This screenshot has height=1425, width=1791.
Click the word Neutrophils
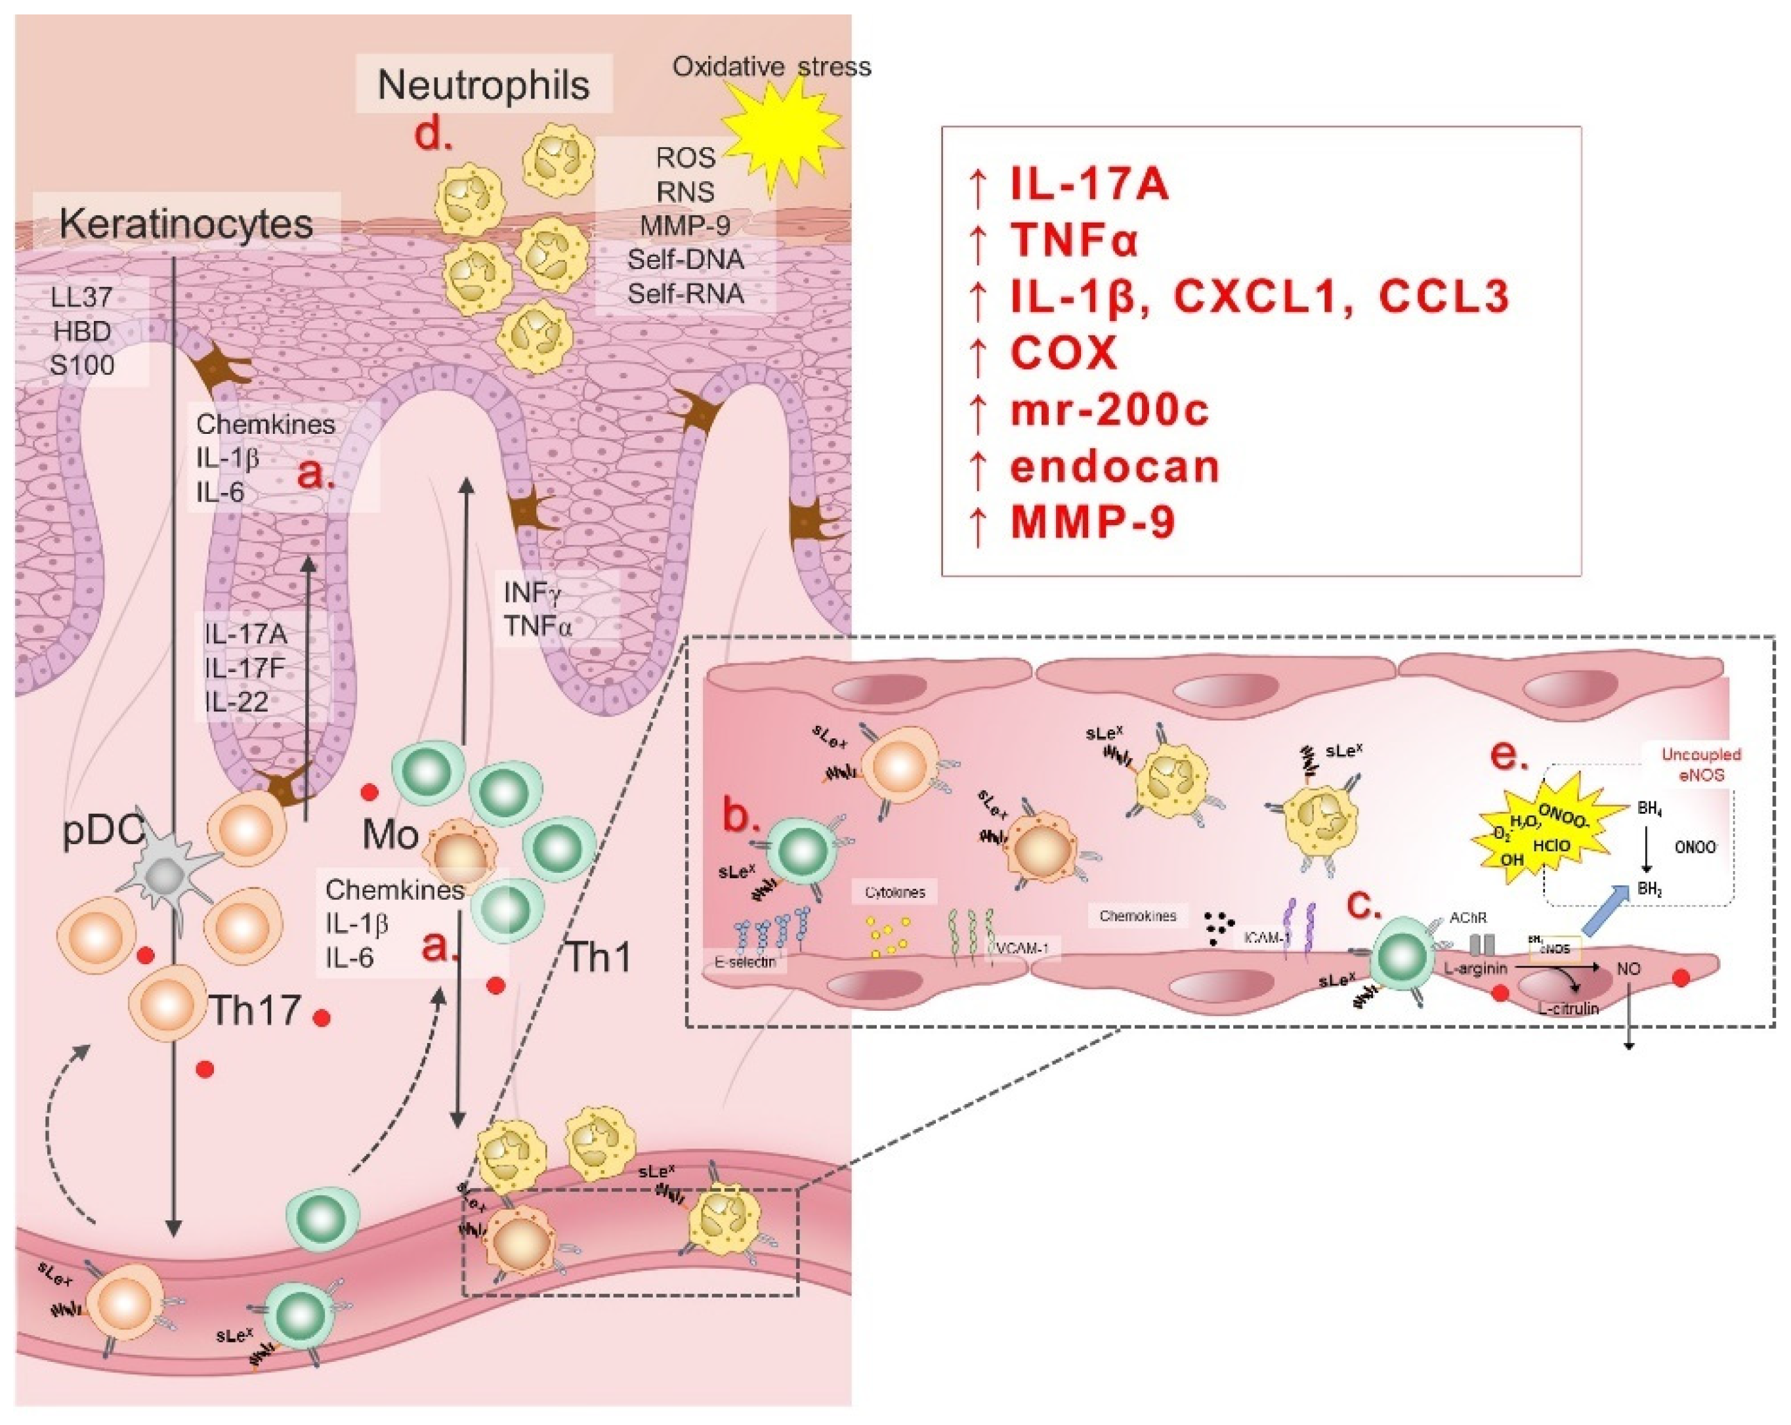(484, 85)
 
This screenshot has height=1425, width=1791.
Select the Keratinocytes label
(186, 224)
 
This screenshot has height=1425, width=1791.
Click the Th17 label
(254, 1010)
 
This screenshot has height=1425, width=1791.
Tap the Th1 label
(597, 957)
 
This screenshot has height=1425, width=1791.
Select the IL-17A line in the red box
(1088, 184)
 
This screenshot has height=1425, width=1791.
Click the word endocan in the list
(1114, 466)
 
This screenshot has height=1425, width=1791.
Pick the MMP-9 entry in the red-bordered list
(1092, 522)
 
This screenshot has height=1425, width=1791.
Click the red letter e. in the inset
(1509, 756)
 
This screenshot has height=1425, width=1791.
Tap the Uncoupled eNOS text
(1700, 765)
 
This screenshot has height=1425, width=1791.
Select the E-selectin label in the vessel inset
(744, 962)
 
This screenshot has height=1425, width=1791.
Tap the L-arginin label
(1475, 968)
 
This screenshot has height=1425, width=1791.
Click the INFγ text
(532, 593)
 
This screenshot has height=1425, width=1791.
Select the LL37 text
(81, 297)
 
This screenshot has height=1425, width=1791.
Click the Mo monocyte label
(390, 834)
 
